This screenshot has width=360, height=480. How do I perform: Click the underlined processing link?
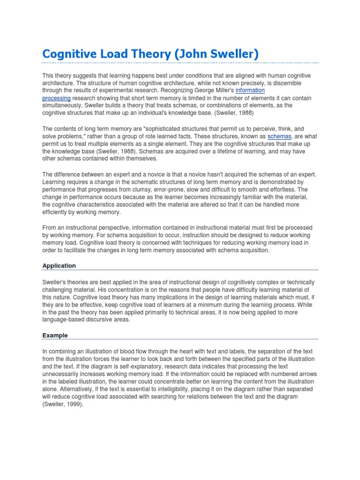56,98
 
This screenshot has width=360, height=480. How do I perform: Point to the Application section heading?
59,266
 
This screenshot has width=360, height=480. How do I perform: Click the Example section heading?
55,336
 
